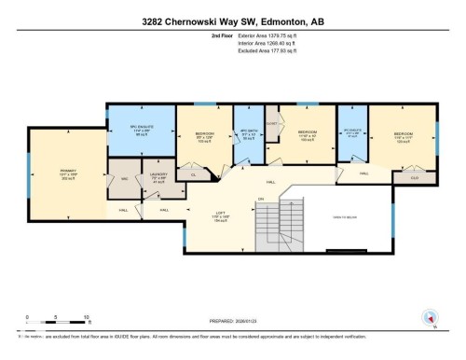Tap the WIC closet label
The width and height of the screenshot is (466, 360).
[124, 179]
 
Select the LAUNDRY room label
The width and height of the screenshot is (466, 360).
[158, 175]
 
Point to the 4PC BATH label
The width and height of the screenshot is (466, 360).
[249, 134]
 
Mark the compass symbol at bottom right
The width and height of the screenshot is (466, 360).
[430, 316]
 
